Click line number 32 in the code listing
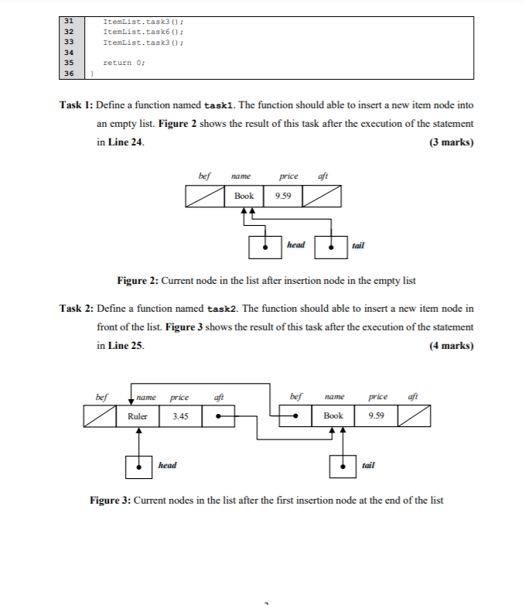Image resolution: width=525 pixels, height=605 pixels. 68,31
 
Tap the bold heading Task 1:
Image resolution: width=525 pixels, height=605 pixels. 76,104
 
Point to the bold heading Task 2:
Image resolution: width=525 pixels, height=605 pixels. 76,309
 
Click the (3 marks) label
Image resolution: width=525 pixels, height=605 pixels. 451,142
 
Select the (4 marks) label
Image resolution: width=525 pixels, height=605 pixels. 451,346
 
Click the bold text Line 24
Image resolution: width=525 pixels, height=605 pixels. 124,142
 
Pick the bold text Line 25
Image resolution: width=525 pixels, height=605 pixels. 124,346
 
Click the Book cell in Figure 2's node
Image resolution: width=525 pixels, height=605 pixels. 244,196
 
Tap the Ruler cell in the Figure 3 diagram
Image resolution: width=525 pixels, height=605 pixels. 138,416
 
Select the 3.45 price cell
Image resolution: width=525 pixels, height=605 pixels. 180,416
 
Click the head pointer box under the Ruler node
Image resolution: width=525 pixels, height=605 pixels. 139,467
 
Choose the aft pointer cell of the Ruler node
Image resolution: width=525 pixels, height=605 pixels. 221,416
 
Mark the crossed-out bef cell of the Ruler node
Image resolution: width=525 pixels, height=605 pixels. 101,416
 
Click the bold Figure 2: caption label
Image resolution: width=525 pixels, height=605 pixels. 138,280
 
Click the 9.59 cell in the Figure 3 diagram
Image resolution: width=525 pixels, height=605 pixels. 377,416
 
